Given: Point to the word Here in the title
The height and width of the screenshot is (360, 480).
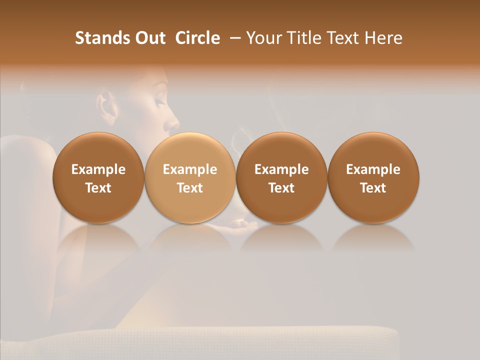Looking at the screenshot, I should click(384, 38).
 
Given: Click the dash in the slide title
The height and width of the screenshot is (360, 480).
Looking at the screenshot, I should click(233, 38).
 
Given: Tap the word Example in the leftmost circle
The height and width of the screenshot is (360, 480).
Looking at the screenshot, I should click(98, 169).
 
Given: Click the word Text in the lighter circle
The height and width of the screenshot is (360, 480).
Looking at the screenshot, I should click(190, 188).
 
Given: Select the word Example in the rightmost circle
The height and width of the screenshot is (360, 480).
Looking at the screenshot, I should click(373, 169).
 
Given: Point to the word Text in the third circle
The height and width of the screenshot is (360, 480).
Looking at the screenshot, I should click(281, 188).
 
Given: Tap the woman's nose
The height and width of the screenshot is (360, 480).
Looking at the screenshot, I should click(172, 122).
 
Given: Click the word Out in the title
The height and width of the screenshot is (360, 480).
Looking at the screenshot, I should click(149, 38).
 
